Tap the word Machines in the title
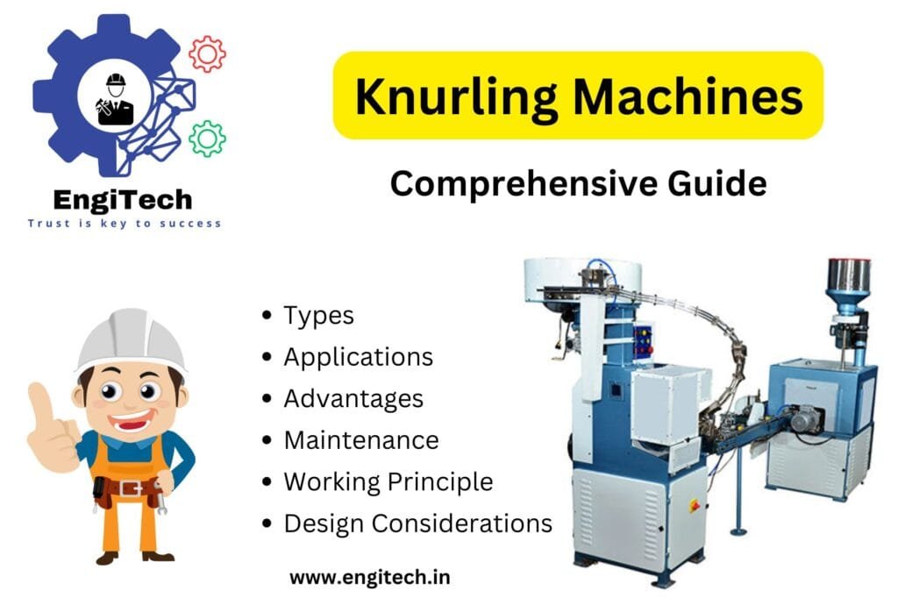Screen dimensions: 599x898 683,97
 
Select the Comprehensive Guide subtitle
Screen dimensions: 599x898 578,184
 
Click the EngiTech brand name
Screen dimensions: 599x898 122,200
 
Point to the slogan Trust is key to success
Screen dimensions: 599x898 124,224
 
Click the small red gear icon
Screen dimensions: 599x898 207,54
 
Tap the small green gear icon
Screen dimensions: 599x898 207,139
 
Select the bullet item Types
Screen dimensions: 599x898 318,316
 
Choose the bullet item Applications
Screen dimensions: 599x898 358,357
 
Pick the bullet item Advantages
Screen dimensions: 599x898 353,398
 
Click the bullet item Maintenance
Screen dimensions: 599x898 360,439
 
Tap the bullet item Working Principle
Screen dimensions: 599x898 388,481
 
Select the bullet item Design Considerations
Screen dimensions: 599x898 417,524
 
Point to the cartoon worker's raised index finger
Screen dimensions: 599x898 37,399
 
